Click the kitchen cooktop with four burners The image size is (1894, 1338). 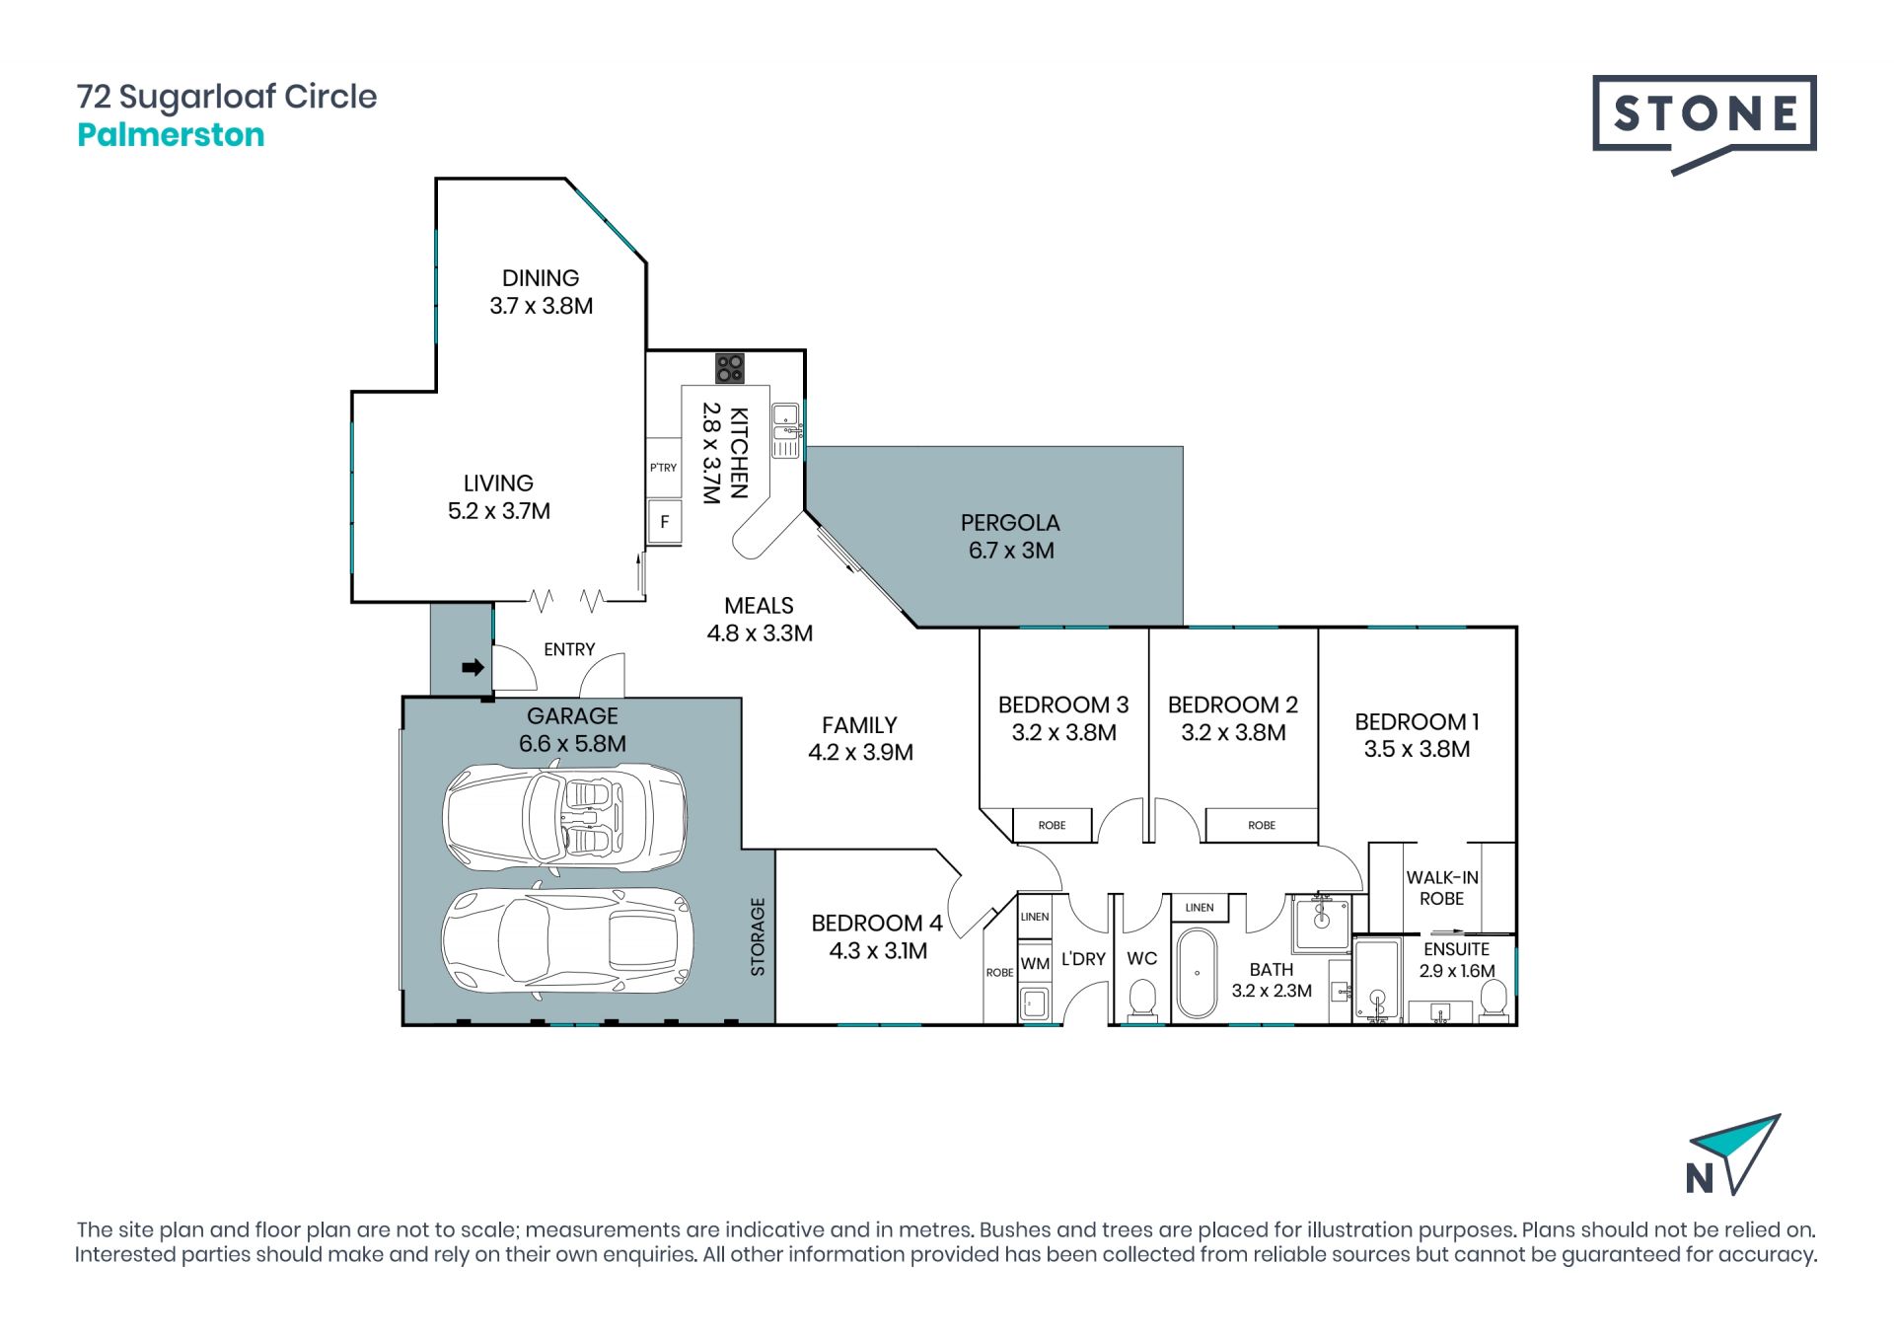(730, 368)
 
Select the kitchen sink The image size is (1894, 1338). (785, 430)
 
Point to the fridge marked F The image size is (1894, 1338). (664, 521)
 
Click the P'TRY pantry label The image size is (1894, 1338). (663, 468)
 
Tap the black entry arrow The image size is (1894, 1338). (473, 668)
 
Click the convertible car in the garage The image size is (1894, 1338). (565, 816)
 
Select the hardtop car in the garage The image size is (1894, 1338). (567, 937)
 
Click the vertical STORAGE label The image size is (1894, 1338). (758, 936)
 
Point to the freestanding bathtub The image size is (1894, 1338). (1198, 973)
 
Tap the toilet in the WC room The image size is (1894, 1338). (1142, 999)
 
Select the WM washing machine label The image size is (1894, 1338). (1035, 964)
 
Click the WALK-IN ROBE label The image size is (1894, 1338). (1442, 888)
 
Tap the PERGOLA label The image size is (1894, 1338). (1010, 523)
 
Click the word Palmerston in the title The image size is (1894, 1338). (171, 134)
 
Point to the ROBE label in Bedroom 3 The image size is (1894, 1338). (1052, 825)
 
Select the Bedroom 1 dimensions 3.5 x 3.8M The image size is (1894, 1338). (1417, 749)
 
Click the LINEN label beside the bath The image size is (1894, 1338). (1200, 907)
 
